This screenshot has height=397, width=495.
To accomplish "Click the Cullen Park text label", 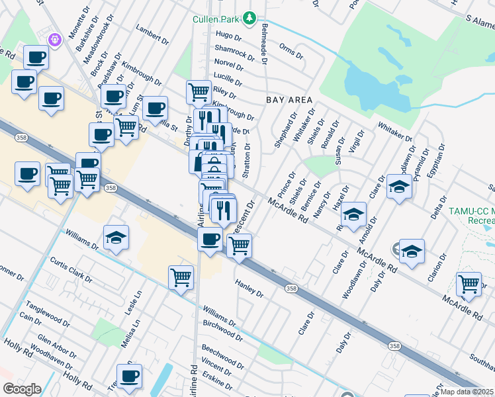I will point(216,19).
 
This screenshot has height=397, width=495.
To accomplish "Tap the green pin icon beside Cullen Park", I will point(249,18).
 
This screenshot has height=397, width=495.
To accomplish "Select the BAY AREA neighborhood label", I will point(289,99).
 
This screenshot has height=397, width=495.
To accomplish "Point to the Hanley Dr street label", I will point(249,288).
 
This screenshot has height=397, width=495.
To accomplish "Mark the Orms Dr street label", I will point(291,50).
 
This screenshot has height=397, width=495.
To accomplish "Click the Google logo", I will point(22,389).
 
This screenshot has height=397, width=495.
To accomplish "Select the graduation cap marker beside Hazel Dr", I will point(354,214).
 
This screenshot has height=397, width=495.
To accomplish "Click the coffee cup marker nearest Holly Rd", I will point(129,375).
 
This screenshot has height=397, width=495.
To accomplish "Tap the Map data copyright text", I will point(467,392).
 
